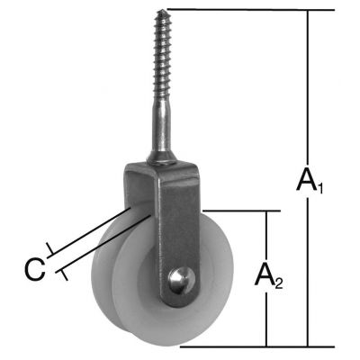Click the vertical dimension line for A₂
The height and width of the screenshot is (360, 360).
(267, 234)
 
